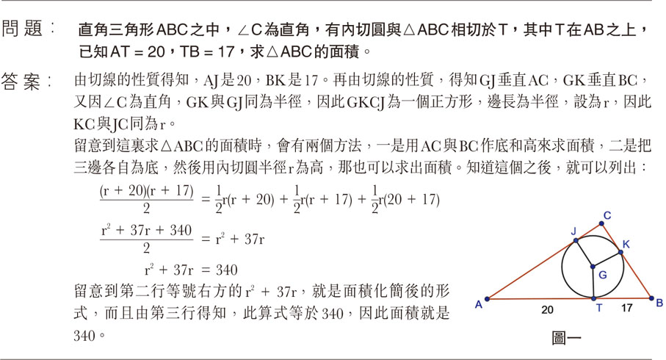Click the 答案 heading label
tap(29, 80)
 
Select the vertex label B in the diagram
tap(659, 302)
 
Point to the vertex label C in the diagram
tap(608, 215)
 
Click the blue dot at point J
tap(576, 240)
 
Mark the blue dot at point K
tap(621, 253)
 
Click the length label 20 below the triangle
tap(548, 310)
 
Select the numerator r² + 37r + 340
tap(145, 231)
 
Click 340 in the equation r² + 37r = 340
tap(226, 269)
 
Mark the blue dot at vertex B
tap(652, 298)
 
